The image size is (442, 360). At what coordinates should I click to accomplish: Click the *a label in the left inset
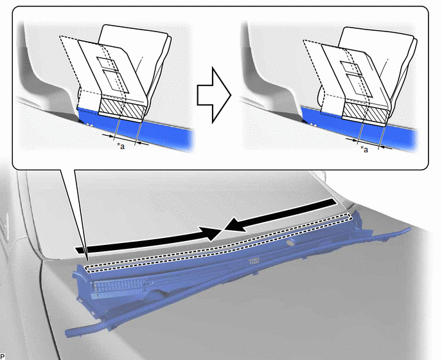(x=121, y=146)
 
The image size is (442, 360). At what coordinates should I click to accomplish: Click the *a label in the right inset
(x=364, y=149)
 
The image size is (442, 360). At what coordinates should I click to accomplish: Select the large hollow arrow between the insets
(x=214, y=95)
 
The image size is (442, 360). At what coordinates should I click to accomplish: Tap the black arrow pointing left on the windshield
(x=279, y=215)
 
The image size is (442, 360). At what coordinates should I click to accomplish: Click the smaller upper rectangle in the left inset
(x=107, y=63)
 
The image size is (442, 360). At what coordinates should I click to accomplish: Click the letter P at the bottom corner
(x=3, y=356)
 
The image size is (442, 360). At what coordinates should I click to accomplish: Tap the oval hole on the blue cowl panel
(x=289, y=242)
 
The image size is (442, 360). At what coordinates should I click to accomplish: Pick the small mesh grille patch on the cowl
(x=254, y=261)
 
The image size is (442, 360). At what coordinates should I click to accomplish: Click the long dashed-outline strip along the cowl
(x=218, y=243)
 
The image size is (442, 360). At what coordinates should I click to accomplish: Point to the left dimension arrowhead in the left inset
(x=108, y=136)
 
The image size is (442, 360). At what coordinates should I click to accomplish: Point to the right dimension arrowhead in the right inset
(x=385, y=147)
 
